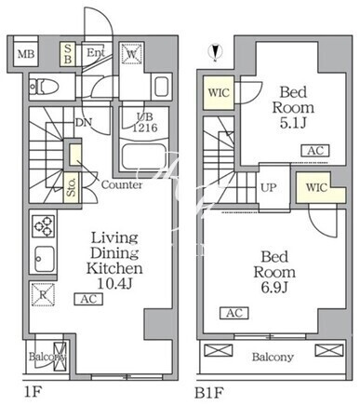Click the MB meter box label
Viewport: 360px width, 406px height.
26,54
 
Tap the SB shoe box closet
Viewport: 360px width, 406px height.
68,54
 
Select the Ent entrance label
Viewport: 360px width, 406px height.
96,53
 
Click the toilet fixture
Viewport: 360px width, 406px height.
44,87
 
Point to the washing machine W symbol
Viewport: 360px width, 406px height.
132,53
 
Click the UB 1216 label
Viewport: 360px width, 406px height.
145,122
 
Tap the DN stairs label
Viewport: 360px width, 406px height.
84,123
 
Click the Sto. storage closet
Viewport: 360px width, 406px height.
72,188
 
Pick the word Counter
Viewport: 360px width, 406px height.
122,185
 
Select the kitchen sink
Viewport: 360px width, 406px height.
44,259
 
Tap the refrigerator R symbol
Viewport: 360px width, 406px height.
43,295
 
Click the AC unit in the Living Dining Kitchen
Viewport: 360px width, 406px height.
88,299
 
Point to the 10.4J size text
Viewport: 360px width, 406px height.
115,283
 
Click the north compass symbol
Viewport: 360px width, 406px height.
215,53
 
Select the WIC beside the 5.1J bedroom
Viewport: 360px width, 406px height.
219,93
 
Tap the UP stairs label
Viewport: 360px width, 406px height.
268,187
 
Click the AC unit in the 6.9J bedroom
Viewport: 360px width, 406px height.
234,313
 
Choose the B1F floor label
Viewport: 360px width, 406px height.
208,393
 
